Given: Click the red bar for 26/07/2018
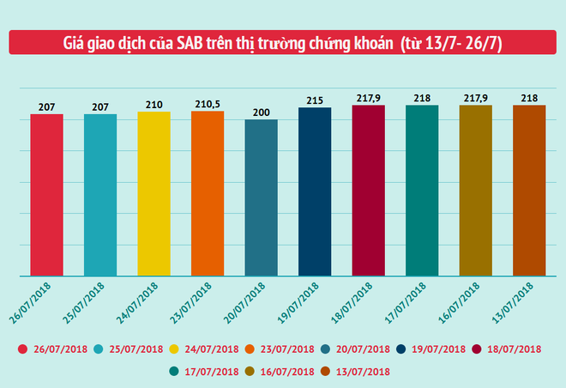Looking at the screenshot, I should click(46, 196).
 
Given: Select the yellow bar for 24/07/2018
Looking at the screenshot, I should click(154, 194).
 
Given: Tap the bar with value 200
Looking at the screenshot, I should click(261, 198).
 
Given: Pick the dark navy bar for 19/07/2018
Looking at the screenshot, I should click(315, 192).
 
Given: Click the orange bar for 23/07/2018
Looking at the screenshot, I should click(208, 194).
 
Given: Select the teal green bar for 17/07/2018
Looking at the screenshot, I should click(422, 191).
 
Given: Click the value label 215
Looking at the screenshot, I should click(315, 101).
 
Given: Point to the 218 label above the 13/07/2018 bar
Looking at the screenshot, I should click(529, 99).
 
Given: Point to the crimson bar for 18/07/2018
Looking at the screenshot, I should click(368, 191).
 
